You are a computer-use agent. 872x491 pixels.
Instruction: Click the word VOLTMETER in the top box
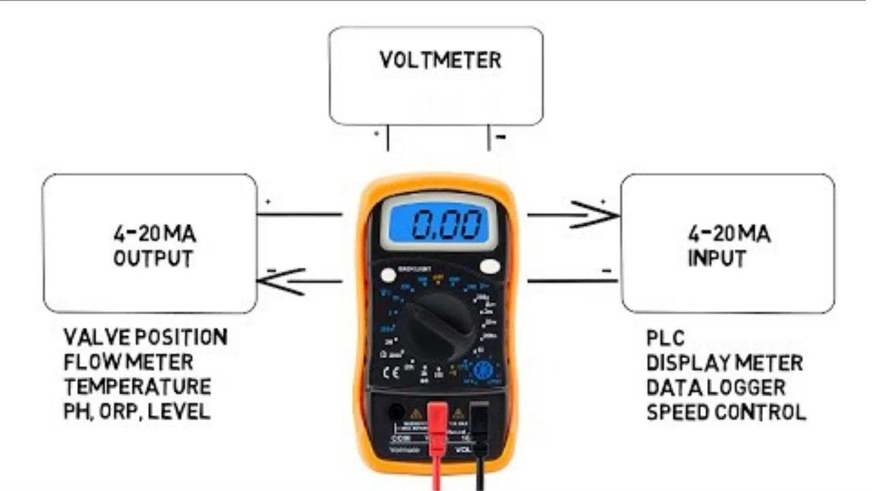tap(440, 60)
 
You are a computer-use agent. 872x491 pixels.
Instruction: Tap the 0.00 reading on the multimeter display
tap(446, 224)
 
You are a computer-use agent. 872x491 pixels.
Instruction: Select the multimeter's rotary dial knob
tap(439, 325)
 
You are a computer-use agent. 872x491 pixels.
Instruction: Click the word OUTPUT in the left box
tap(153, 259)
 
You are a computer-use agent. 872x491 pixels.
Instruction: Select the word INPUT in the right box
tap(717, 259)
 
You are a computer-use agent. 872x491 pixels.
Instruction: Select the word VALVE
tap(97, 338)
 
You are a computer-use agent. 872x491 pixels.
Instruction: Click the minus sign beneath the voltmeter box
tap(501, 138)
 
